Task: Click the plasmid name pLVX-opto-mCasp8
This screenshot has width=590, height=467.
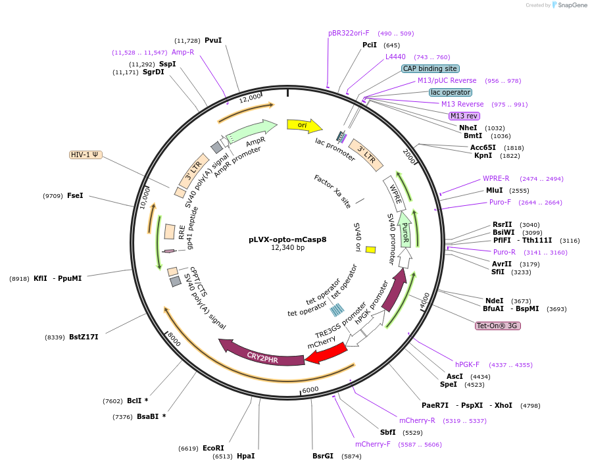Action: click(287, 239)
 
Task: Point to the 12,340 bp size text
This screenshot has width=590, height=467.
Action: click(287, 248)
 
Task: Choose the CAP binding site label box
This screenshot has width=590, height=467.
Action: click(430, 68)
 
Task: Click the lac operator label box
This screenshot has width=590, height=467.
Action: click(450, 92)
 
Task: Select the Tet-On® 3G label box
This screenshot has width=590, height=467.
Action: click(497, 326)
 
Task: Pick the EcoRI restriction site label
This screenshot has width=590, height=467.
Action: click(213, 448)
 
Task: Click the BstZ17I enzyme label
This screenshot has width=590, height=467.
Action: click(84, 337)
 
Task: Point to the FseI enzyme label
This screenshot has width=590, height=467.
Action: click(76, 195)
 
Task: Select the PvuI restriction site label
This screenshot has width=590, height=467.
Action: click(213, 40)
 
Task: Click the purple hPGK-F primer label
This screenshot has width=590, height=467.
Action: click(467, 364)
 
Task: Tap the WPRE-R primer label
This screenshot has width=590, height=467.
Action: click(496, 178)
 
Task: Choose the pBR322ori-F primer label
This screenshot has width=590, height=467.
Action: click(349, 33)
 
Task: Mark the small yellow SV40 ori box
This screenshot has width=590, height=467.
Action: click(370, 249)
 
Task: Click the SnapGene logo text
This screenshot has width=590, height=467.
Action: click(571, 5)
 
